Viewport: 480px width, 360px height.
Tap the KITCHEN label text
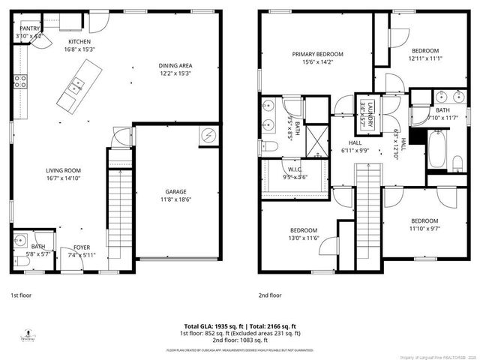tap(79, 41)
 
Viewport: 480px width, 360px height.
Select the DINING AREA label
tap(175, 66)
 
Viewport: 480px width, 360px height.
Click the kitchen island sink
tap(76, 88)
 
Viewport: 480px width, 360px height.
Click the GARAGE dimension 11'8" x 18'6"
tap(175, 199)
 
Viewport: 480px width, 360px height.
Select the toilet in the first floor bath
tap(17, 260)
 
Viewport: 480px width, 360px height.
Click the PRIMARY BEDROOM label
tap(318, 54)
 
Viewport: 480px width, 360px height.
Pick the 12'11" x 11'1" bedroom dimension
tap(425, 58)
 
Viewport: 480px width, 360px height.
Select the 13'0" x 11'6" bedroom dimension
tap(304, 238)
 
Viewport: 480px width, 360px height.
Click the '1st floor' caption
tap(21, 295)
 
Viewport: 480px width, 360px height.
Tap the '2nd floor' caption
tap(270, 295)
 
